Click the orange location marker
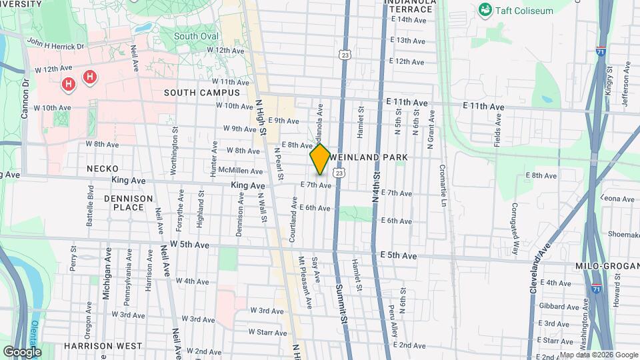point(320,159)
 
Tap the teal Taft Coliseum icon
point(485,11)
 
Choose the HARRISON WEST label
point(103,346)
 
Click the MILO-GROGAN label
point(607,266)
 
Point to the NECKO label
point(103,169)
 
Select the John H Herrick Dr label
point(56,43)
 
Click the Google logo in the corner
point(22,351)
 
